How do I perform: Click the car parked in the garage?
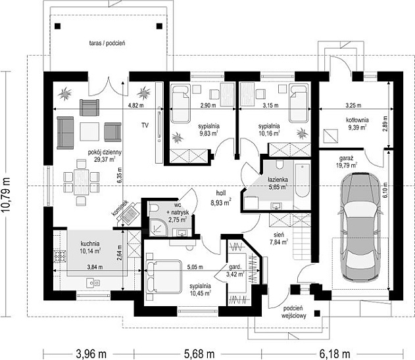[x=360, y=226]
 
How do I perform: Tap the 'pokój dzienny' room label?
[x=105, y=152]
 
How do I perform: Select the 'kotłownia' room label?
[x=357, y=120]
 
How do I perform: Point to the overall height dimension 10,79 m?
[x=6, y=194]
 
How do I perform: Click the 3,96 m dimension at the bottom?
[x=91, y=354]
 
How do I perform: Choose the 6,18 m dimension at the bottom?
[x=335, y=354]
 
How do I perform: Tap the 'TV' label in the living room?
[x=145, y=125]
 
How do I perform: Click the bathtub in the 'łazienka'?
[x=302, y=180]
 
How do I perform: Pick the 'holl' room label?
[x=221, y=193]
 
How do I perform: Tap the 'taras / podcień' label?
[x=107, y=43]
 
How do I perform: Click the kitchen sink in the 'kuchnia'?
[x=93, y=283]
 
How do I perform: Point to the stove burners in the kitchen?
[x=60, y=256]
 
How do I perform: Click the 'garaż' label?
[x=347, y=158]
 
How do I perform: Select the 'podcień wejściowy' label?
[x=294, y=312]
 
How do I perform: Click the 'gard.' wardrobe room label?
[x=235, y=267]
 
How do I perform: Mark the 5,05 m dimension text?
[x=195, y=267]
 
